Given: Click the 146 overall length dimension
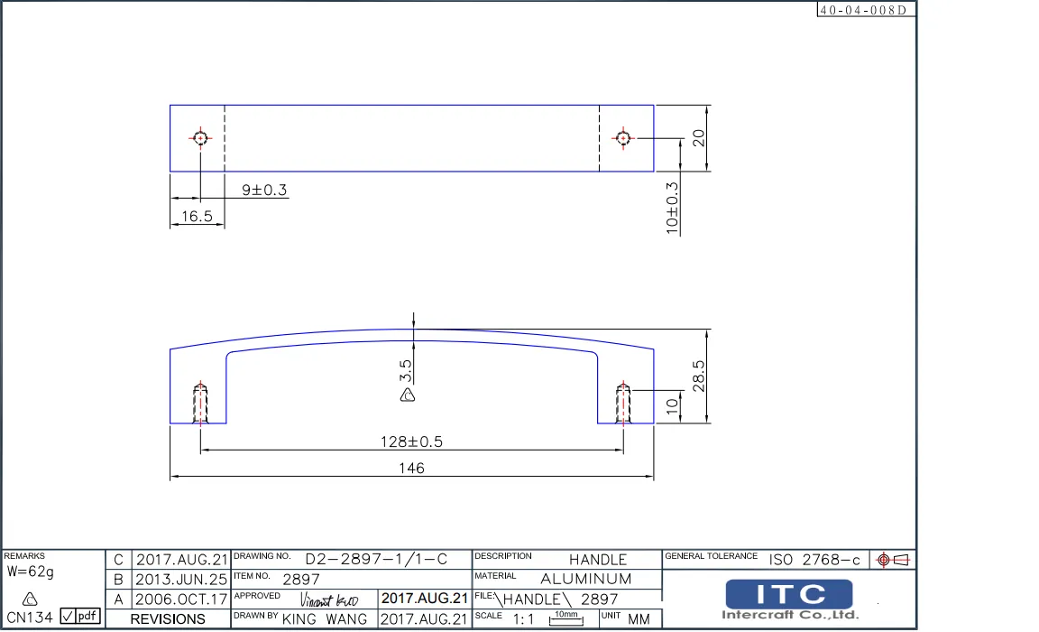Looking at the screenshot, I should coord(412,468).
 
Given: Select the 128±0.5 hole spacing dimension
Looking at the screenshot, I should coord(411,441).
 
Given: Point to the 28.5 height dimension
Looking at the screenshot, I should coord(697,376).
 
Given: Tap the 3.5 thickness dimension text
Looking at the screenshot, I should coord(406,370).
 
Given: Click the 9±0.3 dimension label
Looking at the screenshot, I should coord(263,190).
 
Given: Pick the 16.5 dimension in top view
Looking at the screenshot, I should coord(196,217).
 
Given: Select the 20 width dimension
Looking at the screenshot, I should coord(697,137).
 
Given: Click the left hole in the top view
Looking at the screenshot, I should coord(200,138).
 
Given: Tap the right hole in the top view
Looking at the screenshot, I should coord(622,138).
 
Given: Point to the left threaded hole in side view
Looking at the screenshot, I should coord(200,403).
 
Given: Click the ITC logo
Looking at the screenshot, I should coord(789,594).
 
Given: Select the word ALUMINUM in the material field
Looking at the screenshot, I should coord(586,579).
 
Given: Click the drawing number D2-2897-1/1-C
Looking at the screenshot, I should coord(376,560).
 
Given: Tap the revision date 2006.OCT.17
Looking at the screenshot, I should coord(181,599).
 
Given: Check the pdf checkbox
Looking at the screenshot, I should coord(68,617).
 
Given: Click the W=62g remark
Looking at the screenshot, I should coord(31,572).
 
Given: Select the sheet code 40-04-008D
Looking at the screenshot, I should coord(865,10).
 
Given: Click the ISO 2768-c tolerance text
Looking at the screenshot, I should coord(814,560).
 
